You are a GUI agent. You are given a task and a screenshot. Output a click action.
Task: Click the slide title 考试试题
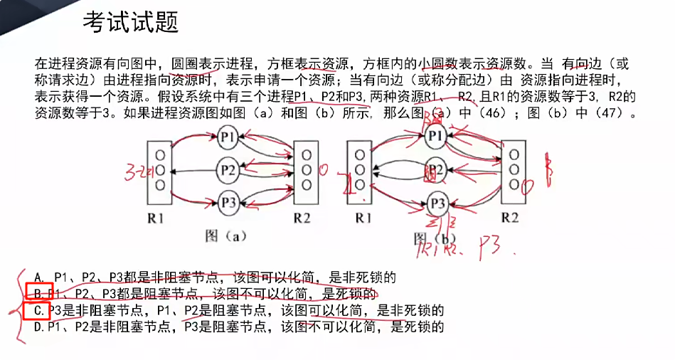tap(130, 23)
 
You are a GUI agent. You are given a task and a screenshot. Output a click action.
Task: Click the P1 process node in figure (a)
tap(228, 135)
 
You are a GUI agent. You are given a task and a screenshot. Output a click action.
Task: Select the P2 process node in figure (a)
tap(228, 169)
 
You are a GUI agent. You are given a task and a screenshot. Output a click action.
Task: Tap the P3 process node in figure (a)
tap(228, 202)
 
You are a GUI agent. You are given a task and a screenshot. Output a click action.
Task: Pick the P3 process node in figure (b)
tap(438, 203)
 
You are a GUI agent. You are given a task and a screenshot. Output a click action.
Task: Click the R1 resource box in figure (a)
tap(159, 169)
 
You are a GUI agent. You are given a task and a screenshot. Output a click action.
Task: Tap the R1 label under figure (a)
tap(158, 218)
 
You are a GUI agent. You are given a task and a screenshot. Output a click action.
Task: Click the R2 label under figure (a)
tap(302, 218)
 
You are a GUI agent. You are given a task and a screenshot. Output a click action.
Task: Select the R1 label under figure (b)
tap(363, 217)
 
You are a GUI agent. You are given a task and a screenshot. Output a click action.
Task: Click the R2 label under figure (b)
tap(510, 217)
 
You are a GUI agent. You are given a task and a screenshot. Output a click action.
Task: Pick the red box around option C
tap(36, 311)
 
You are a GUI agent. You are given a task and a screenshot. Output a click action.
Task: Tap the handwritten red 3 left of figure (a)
tap(129, 171)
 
